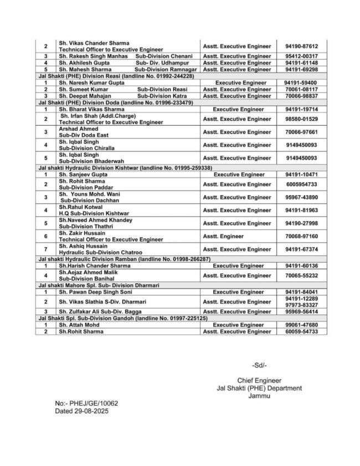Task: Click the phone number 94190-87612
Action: click(301, 47)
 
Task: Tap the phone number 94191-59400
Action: click(301, 83)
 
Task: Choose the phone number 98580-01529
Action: click(301, 119)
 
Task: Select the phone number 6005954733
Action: click(301, 184)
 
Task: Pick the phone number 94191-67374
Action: click(301, 249)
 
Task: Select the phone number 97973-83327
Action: click(301, 305)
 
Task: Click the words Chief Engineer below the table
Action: click(259, 380)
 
